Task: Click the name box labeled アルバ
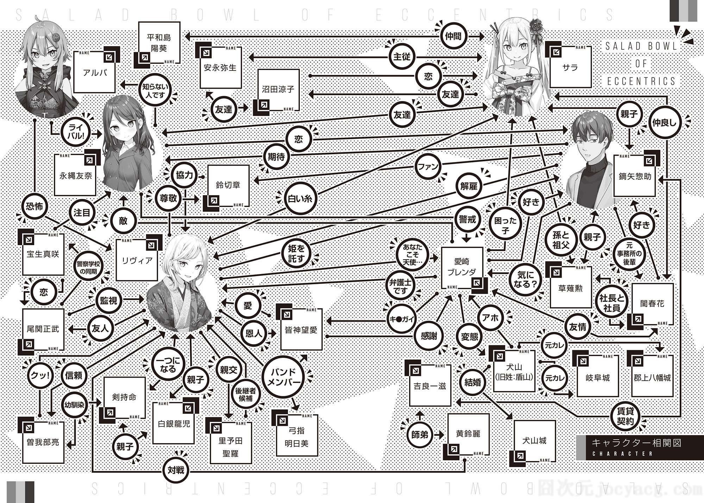coord(95,72)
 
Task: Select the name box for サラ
coord(570,67)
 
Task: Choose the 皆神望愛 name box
coord(301,329)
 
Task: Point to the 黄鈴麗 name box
coord(468,434)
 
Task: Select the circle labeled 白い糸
coord(300,199)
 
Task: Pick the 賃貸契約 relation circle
coord(625,416)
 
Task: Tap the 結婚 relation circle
coord(472,382)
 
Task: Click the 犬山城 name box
coord(535,441)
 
